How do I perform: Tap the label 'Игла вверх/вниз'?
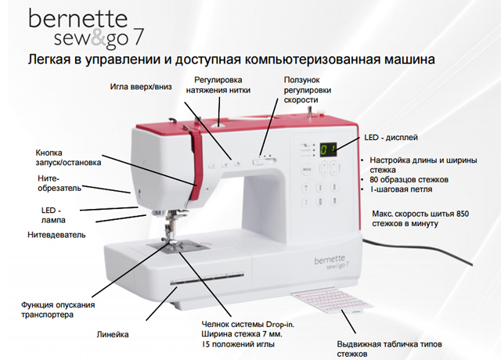(x=141, y=87)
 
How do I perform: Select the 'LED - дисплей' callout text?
(x=391, y=138)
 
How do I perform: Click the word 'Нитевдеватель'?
(x=56, y=235)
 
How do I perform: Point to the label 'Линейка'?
(x=113, y=334)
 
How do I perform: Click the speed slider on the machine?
(x=264, y=161)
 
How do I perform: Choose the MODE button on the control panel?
(x=307, y=169)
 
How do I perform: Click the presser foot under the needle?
(x=173, y=243)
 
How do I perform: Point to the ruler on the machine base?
(x=207, y=279)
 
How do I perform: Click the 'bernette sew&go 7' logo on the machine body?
(x=331, y=262)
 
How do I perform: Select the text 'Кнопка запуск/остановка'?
(x=68, y=157)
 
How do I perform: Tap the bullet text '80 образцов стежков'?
(x=409, y=179)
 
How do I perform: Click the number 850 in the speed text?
(x=463, y=214)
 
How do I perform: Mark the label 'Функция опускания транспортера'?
(x=58, y=310)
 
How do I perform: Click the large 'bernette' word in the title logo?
(x=78, y=19)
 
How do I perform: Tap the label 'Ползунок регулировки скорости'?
(x=308, y=90)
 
